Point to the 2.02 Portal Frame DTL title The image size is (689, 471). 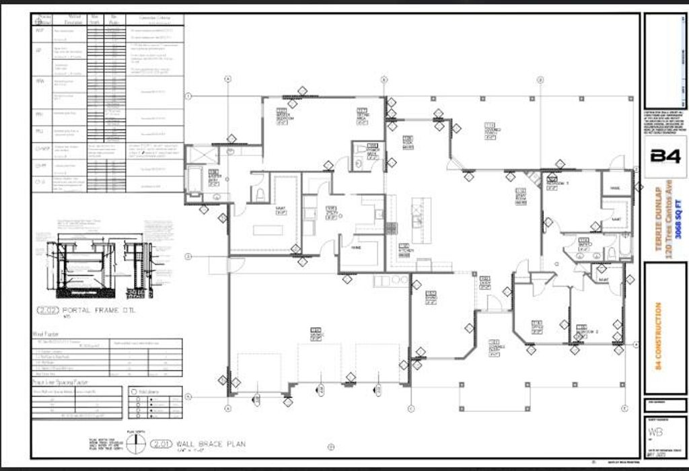coord(79,311)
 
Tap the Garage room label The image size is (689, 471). coord(316,334)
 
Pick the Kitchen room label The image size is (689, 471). coord(404,250)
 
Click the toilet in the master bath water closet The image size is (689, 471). coord(258,193)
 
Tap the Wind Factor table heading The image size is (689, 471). coord(46,334)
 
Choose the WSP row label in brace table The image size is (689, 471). coord(40,31)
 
